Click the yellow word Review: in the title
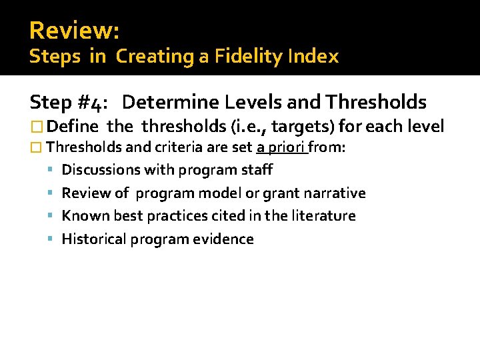click(x=74, y=30)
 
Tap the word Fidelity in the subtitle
click(x=239, y=57)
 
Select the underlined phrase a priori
click(x=281, y=147)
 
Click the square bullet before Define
click(x=36, y=125)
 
